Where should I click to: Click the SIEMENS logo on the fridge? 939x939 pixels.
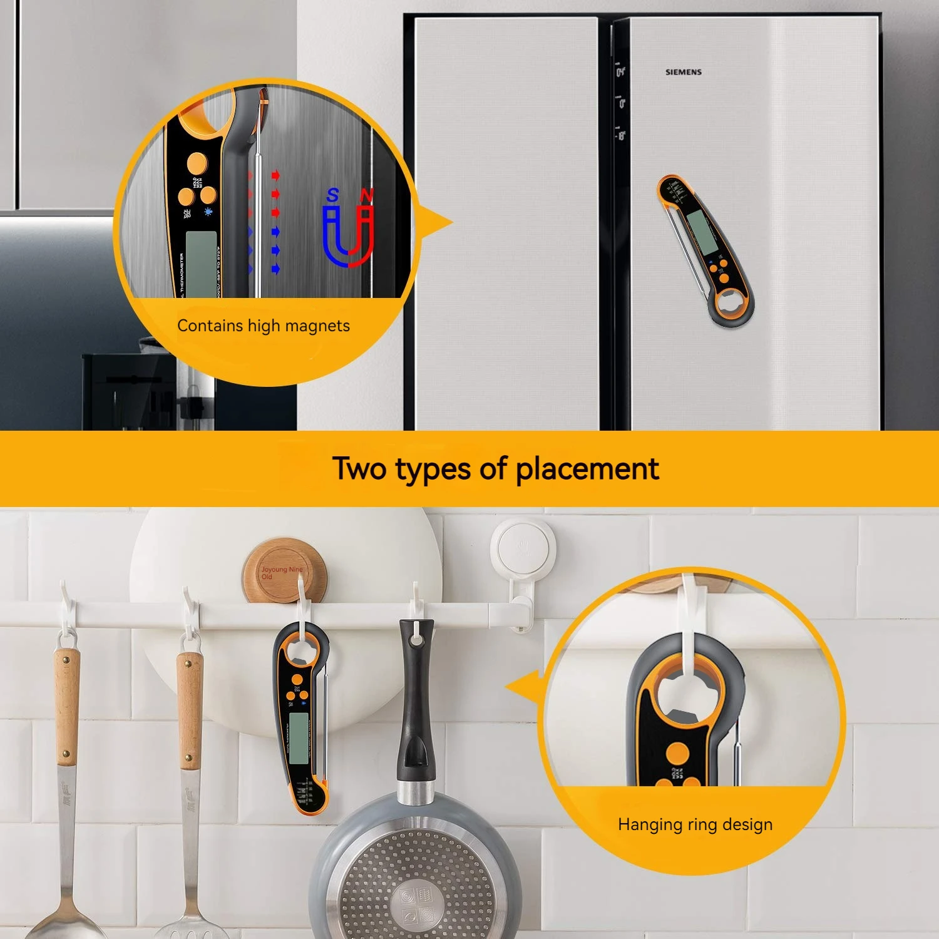coord(683,72)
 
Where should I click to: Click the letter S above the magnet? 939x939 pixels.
coord(332,196)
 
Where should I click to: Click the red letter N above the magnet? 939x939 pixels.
coord(367,196)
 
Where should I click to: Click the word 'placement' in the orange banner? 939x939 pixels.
coord(587,469)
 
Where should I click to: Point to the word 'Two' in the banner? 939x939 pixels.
coord(359,468)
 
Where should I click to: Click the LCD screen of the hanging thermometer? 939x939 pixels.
coord(299,737)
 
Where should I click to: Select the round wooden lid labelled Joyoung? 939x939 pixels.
coord(285,572)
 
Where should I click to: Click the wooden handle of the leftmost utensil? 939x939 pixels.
coord(66,707)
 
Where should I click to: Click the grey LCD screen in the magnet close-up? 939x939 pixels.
coord(201,263)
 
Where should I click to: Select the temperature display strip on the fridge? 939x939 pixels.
coord(620,103)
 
